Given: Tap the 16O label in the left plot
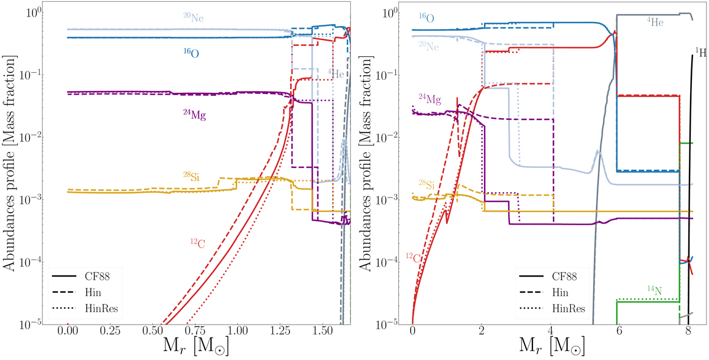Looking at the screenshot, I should click(x=190, y=53).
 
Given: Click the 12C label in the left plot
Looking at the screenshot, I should click(x=197, y=243).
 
